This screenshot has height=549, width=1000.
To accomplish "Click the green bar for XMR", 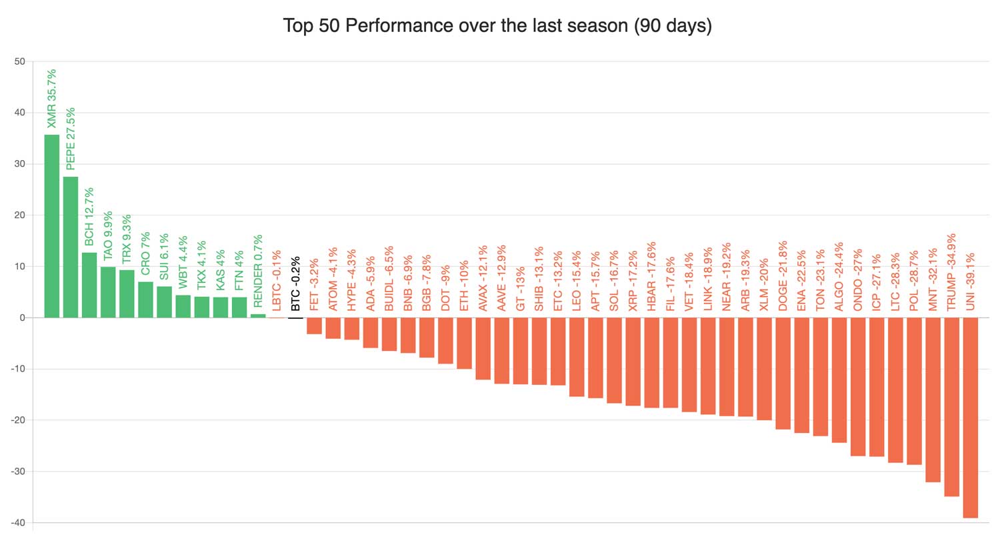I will pyautogui.click(x=51, y=226).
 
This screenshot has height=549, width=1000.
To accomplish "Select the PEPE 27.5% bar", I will pyautogui.click(x=70, y=247).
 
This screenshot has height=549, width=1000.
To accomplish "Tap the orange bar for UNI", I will pyautogui.click(x=970, y=418).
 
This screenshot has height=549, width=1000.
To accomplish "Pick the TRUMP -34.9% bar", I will pyautogui.click(x=951, y=407).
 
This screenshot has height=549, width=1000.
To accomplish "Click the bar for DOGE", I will pyautogui.click(x=783, y=373).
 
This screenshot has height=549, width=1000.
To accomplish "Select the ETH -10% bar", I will pyautogui.click(x=464, y=343).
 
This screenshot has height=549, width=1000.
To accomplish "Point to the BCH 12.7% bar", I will pyautogui.click(x=89, y=285).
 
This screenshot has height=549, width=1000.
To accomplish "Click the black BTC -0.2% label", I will pyautogui.click(x=296, y=284).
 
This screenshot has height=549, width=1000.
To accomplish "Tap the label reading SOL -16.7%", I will pyautogui.click(x=614, y=281).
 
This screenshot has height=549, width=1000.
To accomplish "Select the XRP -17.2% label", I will pyautogui.click(x=633, y=281).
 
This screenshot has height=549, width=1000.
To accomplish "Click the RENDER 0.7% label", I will pyautogui.click(x=258, y=271).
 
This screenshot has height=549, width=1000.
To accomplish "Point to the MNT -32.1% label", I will pyautogui.click(x=933, y=279).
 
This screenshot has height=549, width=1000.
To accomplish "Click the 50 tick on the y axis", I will pyautogui.click(x=19, y=61).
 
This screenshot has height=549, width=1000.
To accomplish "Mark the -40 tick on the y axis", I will pyautogui.click(x=18, y=523).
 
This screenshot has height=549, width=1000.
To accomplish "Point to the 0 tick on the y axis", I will pyautogui.click(x=22, y=318).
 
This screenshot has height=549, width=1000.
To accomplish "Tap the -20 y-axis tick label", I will pyautogui.click(x=18, y=420).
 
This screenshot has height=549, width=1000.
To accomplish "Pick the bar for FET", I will pyautogui.click(x=314, y=326).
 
